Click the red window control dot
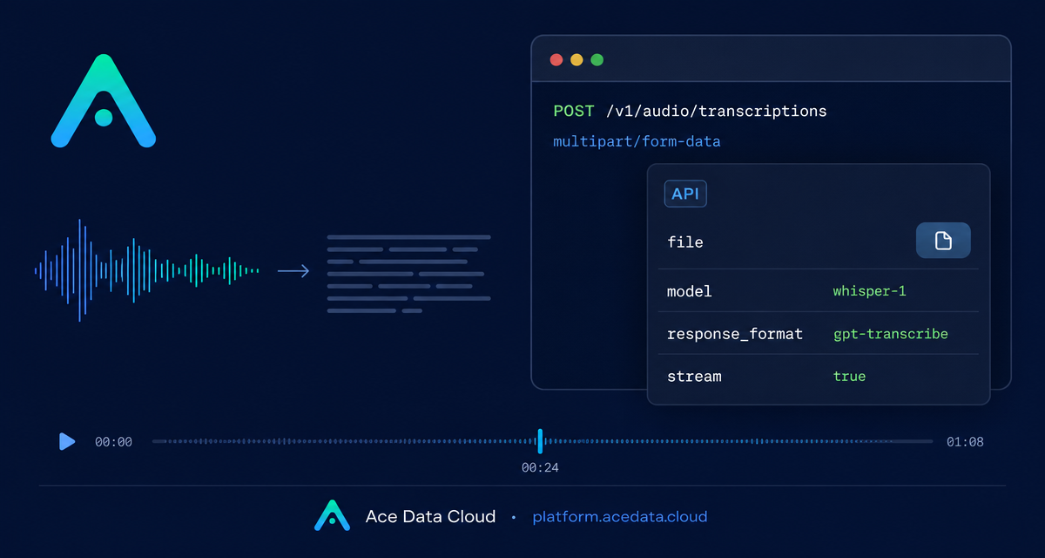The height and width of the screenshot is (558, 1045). tap(556, 60)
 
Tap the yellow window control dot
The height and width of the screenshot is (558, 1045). tap(576, 60)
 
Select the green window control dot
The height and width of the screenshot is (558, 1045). tap(597, 60)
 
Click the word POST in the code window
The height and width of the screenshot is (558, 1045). tap(573, 111)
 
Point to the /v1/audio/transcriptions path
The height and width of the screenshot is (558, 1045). tap(716, 112)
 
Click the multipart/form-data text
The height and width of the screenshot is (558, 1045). tap(637, 141)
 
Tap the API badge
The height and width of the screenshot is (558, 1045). tap(685, 194)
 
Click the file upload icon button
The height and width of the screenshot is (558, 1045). tap(943, 241)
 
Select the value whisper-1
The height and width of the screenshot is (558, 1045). tap(870, 291)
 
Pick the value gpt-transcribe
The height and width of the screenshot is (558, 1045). tap(891, 334)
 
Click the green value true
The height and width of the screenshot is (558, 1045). tap(850, 377)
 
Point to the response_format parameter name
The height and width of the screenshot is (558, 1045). tap(735, 334)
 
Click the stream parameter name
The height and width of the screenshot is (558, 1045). tap(694, 377)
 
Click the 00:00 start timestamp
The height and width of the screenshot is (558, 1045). tap(113, 442)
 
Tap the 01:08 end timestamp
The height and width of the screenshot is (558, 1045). tap(965, 442)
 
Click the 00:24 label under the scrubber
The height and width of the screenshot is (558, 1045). tap(540, 467)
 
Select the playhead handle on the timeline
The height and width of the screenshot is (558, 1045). tap(540, 441)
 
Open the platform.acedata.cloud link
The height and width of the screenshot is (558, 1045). tap(620, 517)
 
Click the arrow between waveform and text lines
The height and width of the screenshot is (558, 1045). tap(293, 271)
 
